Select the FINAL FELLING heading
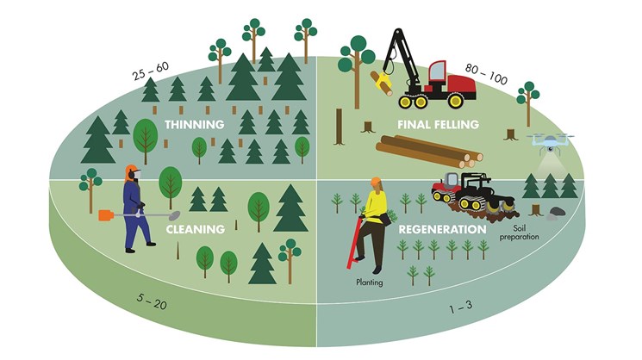coord(438,125)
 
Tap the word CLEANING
coord(196,229)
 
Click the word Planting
coord(370,281)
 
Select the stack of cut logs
coord(428,152)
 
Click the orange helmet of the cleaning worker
coord(131,171)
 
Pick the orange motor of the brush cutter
coord(107,215)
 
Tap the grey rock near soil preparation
coord(552,213)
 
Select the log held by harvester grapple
coord(380,82)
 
